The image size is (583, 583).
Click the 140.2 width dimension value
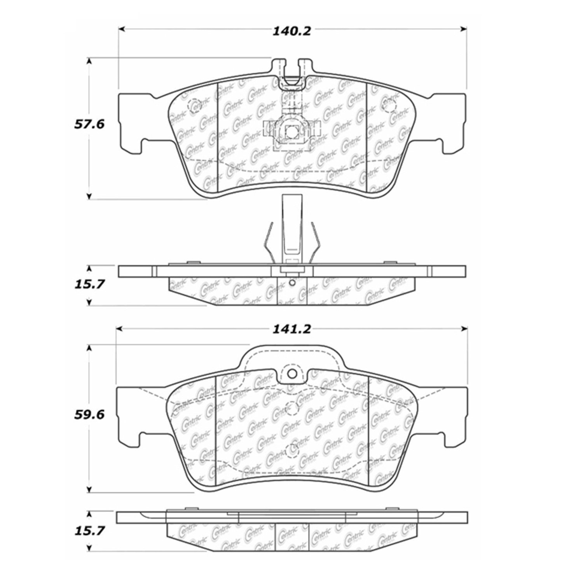click(291, 31)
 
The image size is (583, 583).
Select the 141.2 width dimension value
click(291, 329)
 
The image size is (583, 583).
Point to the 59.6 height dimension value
click(89, 415)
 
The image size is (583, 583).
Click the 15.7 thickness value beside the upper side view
click(89, 285)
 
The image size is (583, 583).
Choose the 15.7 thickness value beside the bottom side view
click(89, 531)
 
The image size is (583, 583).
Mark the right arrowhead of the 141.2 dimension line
click(464, 329)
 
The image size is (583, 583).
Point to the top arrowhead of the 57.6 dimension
click(89, 61)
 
